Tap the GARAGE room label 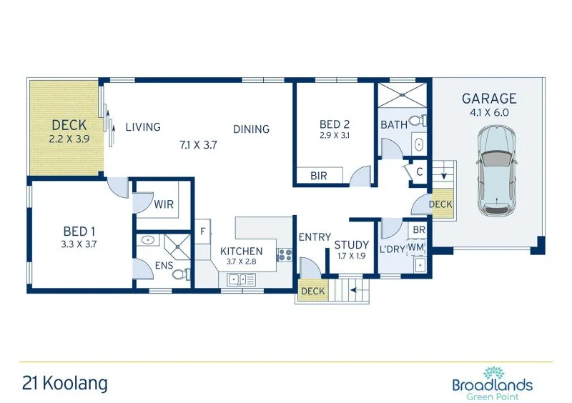point(489,99)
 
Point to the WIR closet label point(164,204)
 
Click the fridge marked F point(203,231)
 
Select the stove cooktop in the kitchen point(285,254)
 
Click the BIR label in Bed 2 point(319,176)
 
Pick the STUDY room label point(352,245)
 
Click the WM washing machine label point(416,247)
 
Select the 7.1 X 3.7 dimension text point(197,144)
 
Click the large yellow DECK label point(69,126)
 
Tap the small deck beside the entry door point(313,291)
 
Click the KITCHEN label point(241,251)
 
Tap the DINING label point(251,129)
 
